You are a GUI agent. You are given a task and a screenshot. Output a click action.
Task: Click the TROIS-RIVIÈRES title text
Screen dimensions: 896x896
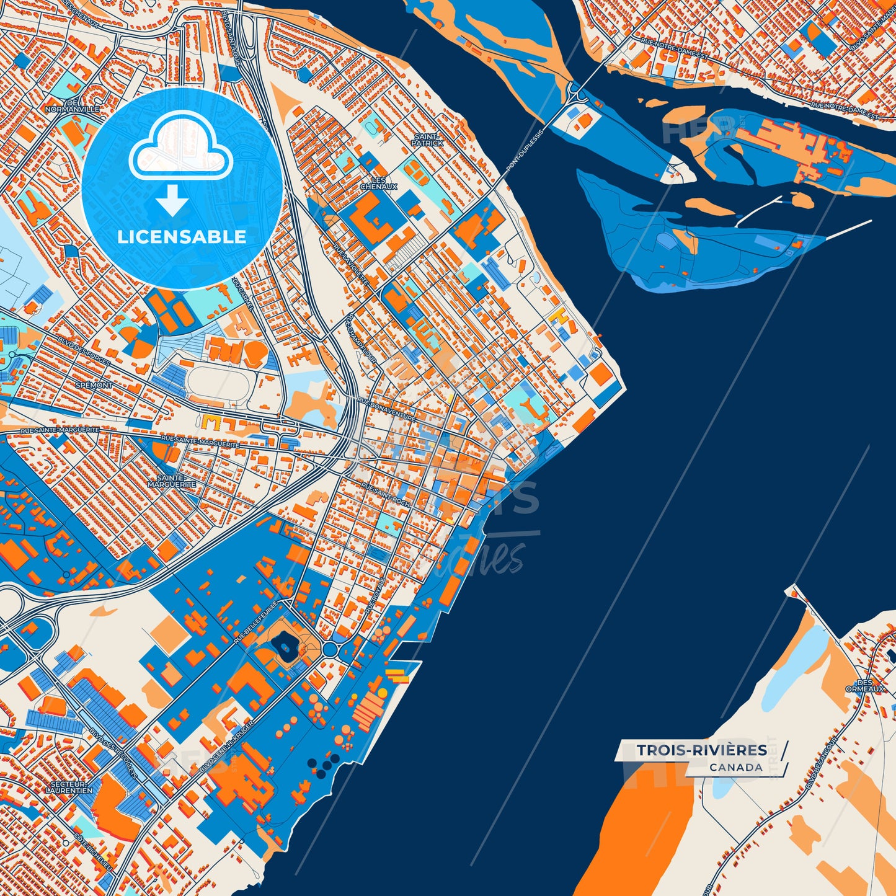click(701, 750)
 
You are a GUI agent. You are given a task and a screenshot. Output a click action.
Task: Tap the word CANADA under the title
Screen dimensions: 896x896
click(736, 768)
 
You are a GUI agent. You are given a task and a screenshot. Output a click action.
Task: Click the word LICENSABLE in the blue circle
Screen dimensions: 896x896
click(182, 236)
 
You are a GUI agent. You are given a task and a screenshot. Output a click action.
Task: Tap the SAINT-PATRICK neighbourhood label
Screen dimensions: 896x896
click(427, 140)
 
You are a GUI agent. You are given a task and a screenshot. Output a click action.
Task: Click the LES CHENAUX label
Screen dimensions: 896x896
click(378, 183)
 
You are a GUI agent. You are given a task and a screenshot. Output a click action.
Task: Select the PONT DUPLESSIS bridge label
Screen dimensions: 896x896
click(516, 152)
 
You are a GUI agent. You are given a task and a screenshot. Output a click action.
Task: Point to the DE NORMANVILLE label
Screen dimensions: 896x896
click(72, 105)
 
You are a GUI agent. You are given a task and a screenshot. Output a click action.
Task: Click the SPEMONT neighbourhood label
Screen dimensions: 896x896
click(94, 385)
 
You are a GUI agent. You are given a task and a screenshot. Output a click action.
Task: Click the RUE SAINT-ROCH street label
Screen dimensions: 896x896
click(386, 496)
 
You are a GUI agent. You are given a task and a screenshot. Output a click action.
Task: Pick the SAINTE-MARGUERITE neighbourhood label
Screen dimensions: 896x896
click(172, 481)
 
